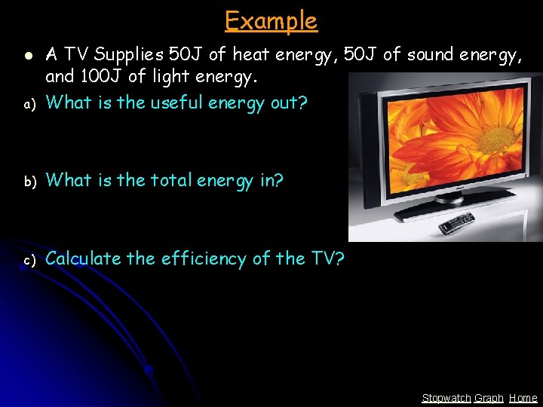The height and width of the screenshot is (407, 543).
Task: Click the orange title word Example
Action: point(271,20)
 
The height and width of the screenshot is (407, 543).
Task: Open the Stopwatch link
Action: point(446,398)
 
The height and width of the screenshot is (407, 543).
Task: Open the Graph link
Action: point(489,398)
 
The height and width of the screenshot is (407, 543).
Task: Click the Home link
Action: point(523,398)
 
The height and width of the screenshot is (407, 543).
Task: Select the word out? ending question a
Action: point(289,103)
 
